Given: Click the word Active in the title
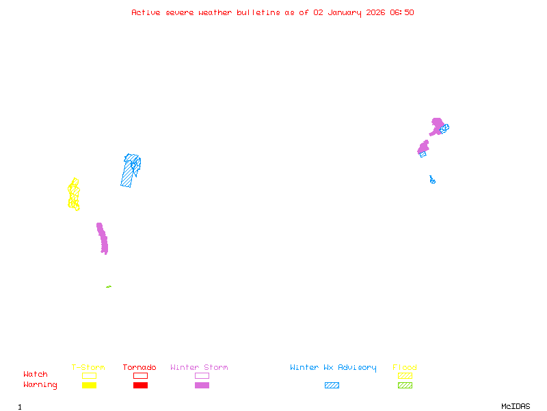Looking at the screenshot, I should click(146, 12).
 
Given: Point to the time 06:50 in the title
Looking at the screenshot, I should click(402, 12).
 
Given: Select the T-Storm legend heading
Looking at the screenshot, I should click(88, 368).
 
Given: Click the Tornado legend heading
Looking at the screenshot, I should click(139, 368).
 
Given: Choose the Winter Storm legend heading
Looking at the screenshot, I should click(199, 368).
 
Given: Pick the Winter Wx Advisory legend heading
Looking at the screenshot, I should click(333, 368).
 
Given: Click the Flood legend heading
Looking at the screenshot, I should click(405, 368).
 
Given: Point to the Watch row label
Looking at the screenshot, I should click(36, 375).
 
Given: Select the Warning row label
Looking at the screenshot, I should click(40, 385).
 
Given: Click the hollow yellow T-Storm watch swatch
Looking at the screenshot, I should click(89, 375).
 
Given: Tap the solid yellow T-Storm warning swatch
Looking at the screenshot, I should click(89, 385).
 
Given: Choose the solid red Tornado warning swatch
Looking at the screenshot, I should click(140, 385).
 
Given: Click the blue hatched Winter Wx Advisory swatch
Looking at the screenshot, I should click(332, 385).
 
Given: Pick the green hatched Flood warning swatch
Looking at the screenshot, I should click(405, 385).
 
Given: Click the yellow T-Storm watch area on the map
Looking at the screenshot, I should click(74, 195).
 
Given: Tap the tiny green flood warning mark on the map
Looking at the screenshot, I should click(109, 286).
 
